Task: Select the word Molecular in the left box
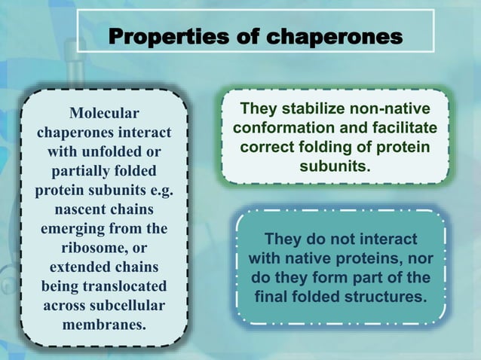click(104, 113)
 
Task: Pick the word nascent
click(84, 209)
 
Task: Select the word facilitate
click(401, 129)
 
